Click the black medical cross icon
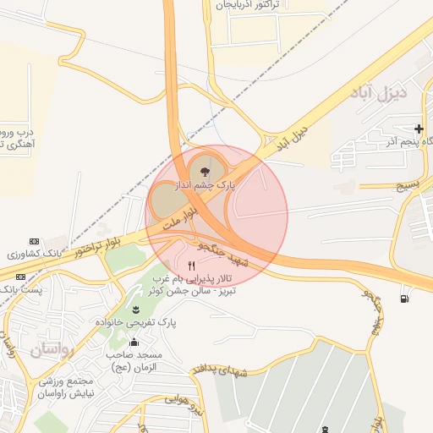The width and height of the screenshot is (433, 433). click(x=419, y=129)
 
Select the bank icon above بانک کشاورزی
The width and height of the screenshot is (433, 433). click(x=34, y=241)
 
